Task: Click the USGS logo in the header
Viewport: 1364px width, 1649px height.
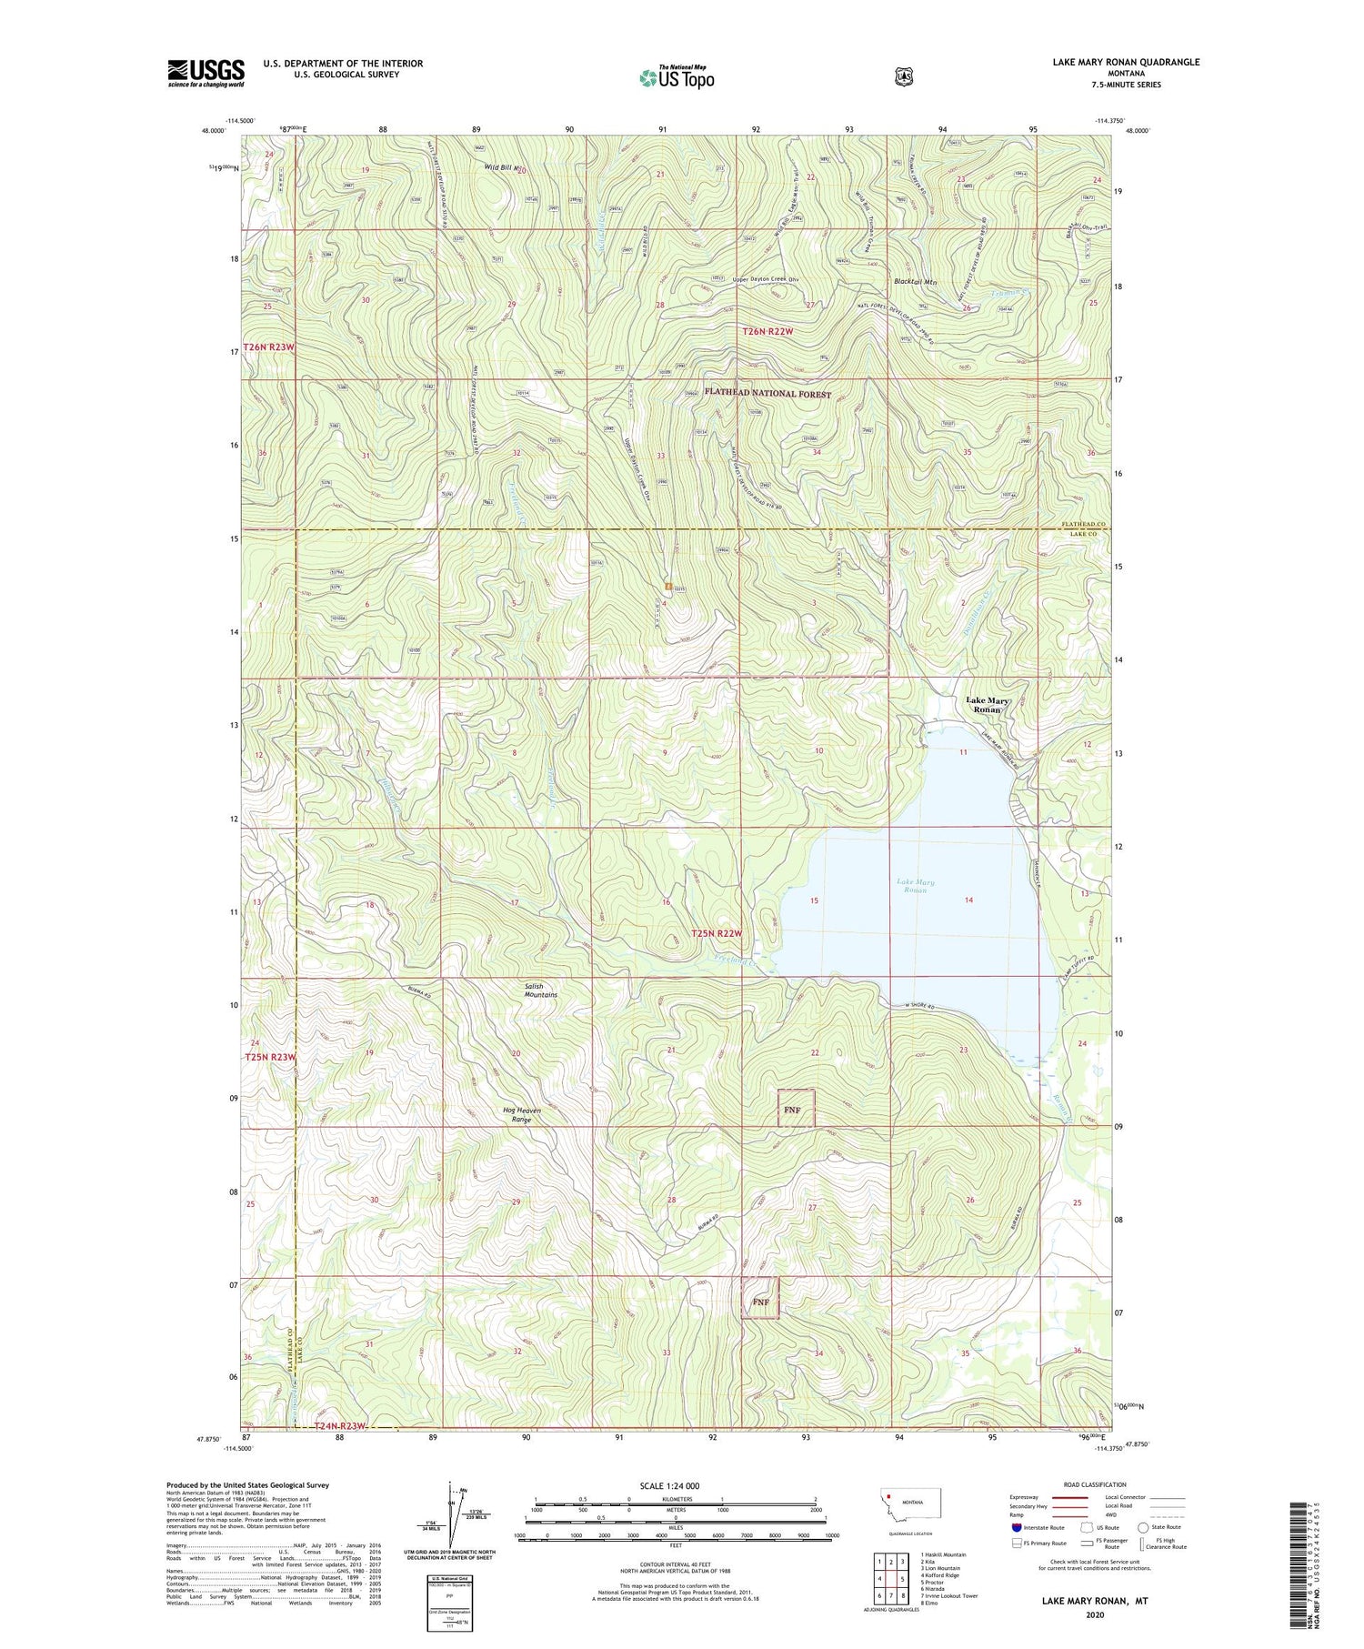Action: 206,73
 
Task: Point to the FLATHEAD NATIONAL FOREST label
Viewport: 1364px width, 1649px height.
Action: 767,395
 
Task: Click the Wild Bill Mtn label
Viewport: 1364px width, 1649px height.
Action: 503,167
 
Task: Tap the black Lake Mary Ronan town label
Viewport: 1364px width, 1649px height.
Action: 987,705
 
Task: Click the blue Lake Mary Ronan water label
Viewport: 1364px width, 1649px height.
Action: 915,886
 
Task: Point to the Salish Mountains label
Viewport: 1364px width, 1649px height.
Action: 540,990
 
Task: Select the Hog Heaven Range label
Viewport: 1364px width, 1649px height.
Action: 521,1115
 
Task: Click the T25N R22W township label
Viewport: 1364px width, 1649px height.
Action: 717,934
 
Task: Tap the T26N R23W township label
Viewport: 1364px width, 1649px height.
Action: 269,347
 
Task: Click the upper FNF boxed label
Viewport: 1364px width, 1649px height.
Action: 795,1111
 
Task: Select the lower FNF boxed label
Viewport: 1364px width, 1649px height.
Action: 760,1302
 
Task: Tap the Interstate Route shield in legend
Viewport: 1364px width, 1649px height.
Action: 1016,1527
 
